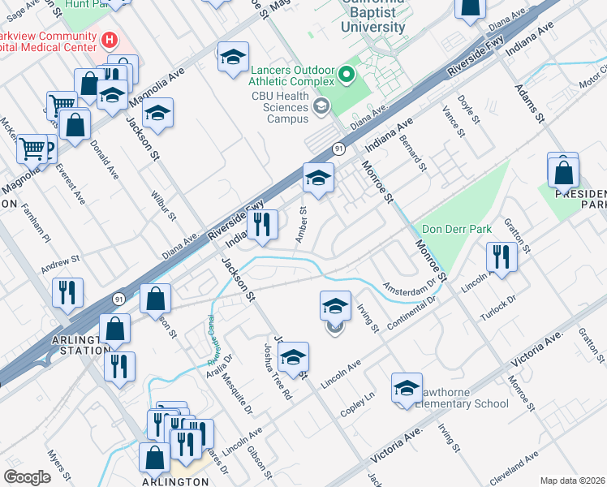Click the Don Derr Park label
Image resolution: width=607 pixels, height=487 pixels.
(x=452, y=230)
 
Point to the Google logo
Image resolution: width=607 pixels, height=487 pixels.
(x=27, y=477)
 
